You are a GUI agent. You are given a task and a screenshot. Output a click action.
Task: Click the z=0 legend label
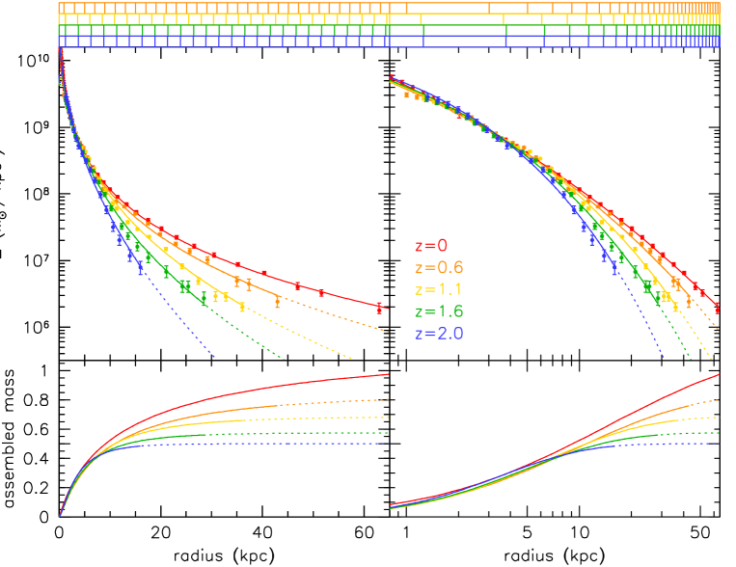click(x=431, y=246)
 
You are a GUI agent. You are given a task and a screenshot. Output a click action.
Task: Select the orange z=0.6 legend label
click(x=439, y=267)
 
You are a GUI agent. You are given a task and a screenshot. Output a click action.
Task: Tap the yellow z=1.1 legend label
click(x=439, y=289)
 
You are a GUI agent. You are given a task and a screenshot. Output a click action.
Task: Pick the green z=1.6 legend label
click(x=439, y=311)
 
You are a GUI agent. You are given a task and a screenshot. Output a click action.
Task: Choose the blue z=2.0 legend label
click(x=439, y=334)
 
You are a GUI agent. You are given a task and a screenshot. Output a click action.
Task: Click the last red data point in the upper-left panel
click(x=379, y=308)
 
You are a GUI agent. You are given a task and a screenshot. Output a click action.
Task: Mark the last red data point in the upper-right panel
click(x=718, y=309)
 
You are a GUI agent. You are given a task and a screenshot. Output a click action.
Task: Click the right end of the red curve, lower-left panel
click(x=388, y=374)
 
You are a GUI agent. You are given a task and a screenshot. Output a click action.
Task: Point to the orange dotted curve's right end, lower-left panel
click(x=388, y=398)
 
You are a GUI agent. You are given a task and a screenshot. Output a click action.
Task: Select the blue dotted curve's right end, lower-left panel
click(x=388, y=444)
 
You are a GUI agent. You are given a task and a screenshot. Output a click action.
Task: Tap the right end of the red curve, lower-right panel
click(x=719, y=374)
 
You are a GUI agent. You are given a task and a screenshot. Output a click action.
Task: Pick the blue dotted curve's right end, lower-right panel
click(x=719, y=444)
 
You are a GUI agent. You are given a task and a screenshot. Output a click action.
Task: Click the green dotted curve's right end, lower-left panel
click(x=388, y=433)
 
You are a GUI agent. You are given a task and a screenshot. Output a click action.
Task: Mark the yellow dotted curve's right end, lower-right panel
click(x=719, y=418)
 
